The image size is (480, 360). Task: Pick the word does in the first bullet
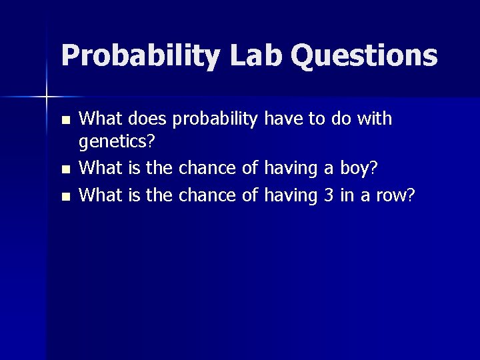click(145, 119)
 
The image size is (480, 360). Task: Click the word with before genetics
click(375, 119)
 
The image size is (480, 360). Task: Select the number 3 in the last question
click(328, 195)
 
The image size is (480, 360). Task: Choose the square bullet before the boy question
click(64, 170)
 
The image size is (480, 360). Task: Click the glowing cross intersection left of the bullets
click(47, 97)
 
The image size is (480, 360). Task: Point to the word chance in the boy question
click(207, 168)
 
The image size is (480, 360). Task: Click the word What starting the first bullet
click(101, 119)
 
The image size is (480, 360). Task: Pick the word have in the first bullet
click(284, 119)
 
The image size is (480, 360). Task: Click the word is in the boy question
click(134, 168)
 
